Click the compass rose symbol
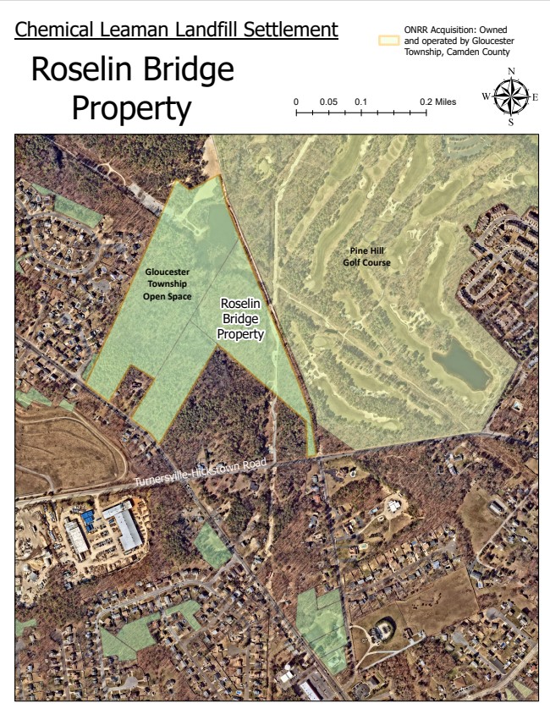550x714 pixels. pyautogui.click(x=510, y=96)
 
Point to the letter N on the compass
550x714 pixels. pyautogui.click(x=511, y=71)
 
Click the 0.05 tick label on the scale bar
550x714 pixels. pyautogui.click(x=328, y=102)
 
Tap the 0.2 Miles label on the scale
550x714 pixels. pyautogui.click(x=437, y=102)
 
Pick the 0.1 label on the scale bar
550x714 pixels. pyautogui.click(x=361, y=102)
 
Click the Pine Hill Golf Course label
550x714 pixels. pyautogui.click(x=371, y=256)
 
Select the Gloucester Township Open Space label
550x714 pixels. pyautogui.click(x=167, y=284)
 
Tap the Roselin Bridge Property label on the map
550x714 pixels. pyautogui.click(x=241, y=318)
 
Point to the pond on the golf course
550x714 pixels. pyautogui.click(x=460, y=364)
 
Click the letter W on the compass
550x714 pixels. pyautogui.click(x=486, y=96)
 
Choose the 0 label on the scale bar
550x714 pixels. pyautogui.click(x=296, y=102)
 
